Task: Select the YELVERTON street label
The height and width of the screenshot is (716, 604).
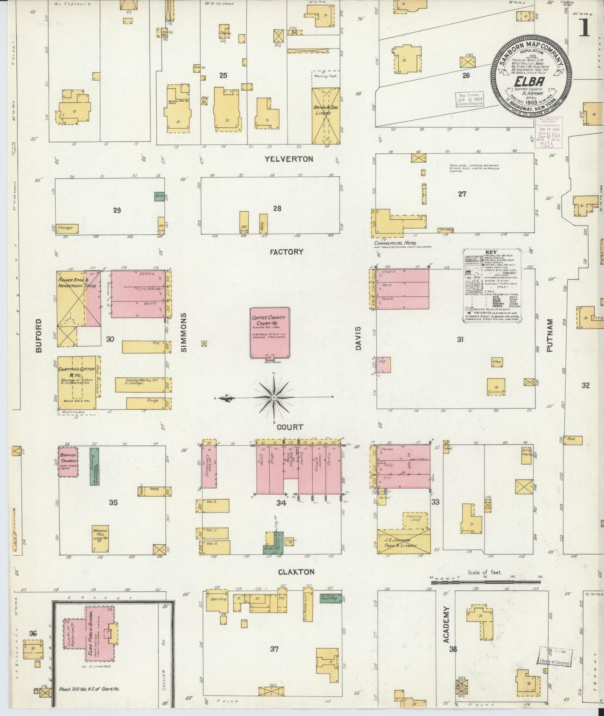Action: point(288,159)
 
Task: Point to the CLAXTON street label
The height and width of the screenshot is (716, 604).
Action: point(296,572)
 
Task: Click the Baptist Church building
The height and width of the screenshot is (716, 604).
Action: point(68,462)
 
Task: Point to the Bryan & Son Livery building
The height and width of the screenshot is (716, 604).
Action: point(326,111)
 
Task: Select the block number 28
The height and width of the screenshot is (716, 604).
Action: point(277,208)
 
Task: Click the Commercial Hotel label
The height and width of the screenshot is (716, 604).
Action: point(395,243)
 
